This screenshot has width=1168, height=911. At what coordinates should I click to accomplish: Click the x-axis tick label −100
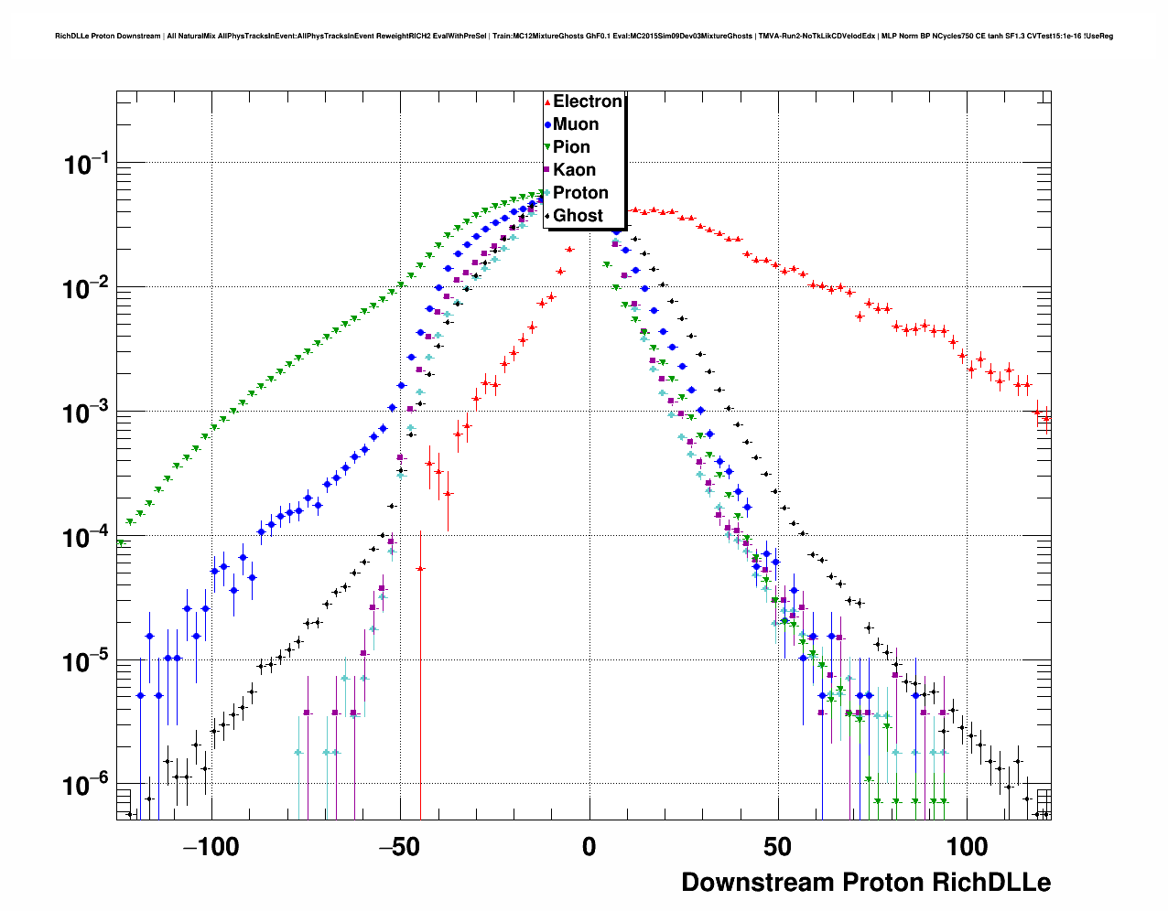tap(211, 847)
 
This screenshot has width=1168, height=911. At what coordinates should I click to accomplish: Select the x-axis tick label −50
tap(399, 847)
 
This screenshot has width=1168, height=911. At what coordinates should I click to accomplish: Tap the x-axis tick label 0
tap(589, 847)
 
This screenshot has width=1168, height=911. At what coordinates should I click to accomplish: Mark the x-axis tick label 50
tap(777, 847)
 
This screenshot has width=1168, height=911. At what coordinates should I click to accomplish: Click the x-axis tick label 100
tap(967, 847)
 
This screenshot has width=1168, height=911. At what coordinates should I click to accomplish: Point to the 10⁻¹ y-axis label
tap(87, 165)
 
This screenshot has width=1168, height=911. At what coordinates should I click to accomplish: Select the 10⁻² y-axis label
tap(87, 289)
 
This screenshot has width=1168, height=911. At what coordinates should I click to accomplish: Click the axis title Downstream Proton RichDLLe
tap(866, 883)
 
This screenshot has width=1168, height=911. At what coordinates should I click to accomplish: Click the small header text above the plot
tap(584, 36)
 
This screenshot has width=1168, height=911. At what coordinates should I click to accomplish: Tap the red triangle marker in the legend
tap(547, 102)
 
